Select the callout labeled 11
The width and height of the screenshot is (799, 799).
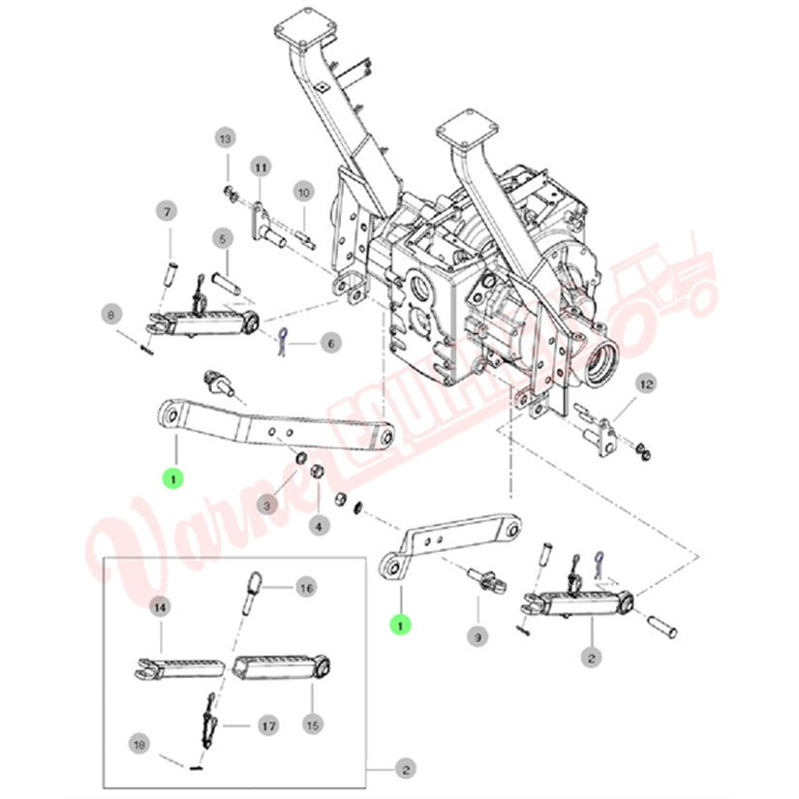click(x=261, y=168)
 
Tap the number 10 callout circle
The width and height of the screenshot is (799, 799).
click(x=302, y=192)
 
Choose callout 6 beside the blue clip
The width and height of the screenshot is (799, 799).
click(x=328, y=342)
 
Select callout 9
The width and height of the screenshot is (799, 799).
click(x=476, y=636)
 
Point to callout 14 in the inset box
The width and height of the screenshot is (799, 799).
click(x=160, y=607)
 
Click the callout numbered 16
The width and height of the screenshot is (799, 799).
click(x=306, y=587)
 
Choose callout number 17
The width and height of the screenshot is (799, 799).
click(x=267, y=725)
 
